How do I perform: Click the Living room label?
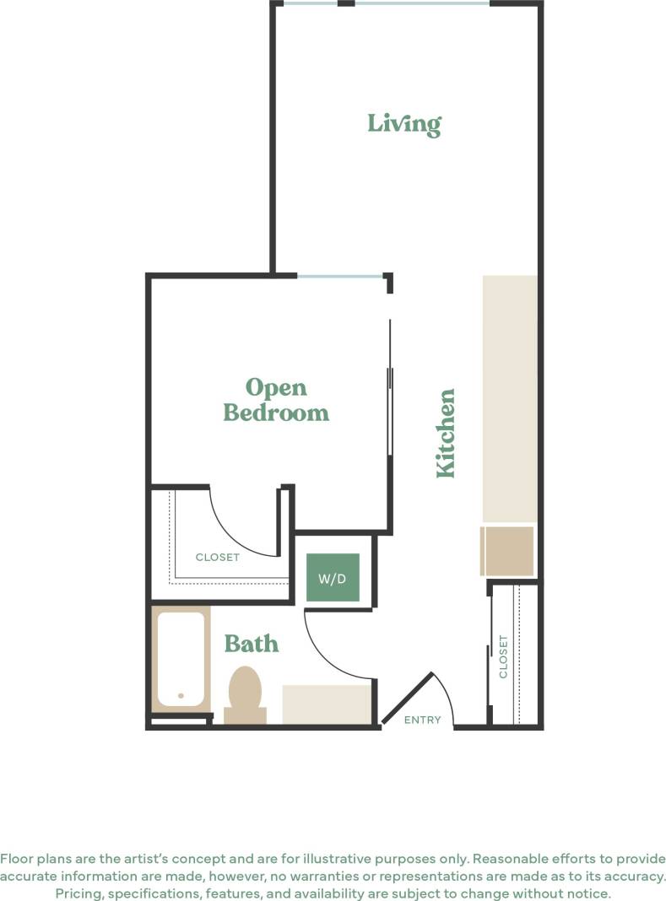pyautogui.click(x=403, y=124)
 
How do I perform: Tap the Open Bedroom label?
pyautogui.click(x=275, y=400)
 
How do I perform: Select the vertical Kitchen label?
pyautogui.click(x=446, y=433)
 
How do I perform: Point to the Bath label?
pyautogui.click(x=251, y=644)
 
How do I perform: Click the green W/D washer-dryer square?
pyautogui.click(x=333, y=578)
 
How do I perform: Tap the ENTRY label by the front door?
pyautogui.click(x=422, y=720)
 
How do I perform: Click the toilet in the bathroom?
pyautogui.click(x=246, y=693)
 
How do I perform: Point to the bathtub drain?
pyautogui.click(x=181, y=696)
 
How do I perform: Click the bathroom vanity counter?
pyautogui.click(x=327, y=704)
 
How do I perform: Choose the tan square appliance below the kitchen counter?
pyautogui.click(x=507, y=552)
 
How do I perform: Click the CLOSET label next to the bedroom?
pyautogui.click(x=217, y=557)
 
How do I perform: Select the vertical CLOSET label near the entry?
pyautogui.click(x=504, y=656)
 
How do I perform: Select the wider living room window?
pyautogui.click(x=421, y=3)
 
